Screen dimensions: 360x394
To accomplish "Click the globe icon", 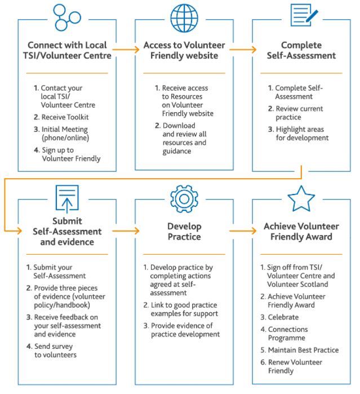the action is [184, 18].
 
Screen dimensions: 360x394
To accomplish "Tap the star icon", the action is [301, 198].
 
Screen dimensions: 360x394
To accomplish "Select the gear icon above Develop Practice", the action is [184, 199].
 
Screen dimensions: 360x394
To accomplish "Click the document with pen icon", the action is [304, 15].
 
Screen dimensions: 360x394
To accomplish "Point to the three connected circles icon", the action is [67, 17].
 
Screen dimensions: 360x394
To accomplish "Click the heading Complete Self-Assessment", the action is [301, 50].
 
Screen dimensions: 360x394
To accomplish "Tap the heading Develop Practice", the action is [184, 232].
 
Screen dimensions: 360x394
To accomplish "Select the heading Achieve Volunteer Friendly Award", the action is [301, 232].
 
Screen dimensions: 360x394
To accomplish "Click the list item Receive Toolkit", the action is [61, 117].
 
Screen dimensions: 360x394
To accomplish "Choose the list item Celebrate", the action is [279, 317].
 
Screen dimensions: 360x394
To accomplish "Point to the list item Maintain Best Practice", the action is [300, 350].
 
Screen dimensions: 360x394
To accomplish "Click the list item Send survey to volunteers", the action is [51, 351].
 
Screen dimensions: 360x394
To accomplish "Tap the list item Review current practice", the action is [295, 113].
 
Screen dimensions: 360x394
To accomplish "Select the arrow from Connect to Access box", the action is [126, 50].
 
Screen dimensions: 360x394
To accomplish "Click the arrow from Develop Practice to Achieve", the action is [243, 231].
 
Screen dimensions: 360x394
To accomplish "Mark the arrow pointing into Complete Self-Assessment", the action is [243, 50].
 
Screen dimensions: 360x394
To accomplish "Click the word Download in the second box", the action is [179, 125].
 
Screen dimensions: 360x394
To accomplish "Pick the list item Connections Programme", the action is [284, 334].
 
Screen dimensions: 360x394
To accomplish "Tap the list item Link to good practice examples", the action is [181, 309].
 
